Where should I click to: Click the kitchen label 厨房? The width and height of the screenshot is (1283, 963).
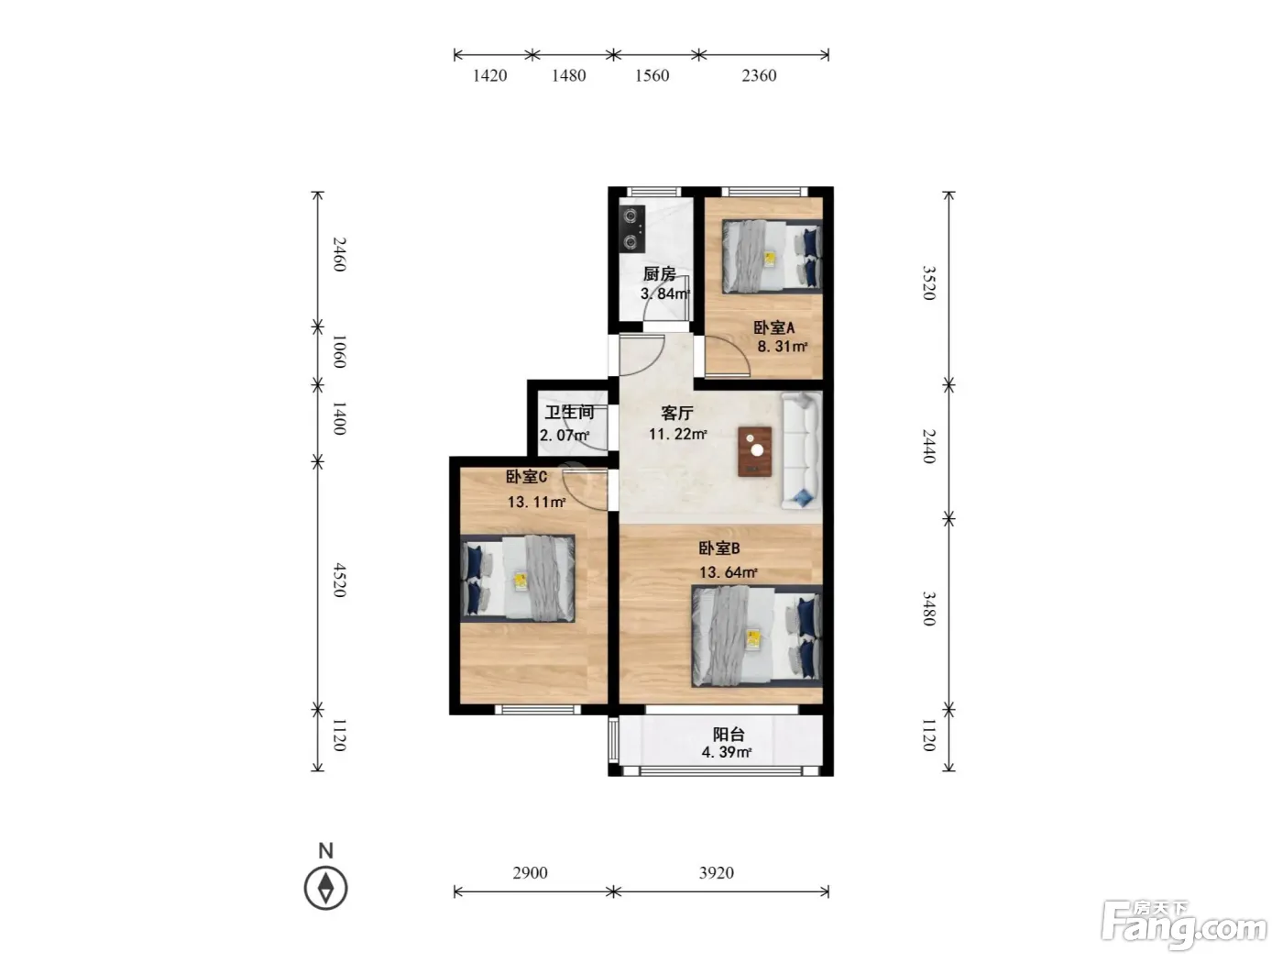[x=659, y=273]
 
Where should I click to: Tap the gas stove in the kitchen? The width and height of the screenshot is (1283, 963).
[x=631, y=228]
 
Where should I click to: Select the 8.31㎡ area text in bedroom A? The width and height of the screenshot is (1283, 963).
[x=782, y=346]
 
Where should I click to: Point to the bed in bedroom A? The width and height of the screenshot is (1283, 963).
[x=772, y=256]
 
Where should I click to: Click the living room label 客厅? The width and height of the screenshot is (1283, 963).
[x=677, y=414]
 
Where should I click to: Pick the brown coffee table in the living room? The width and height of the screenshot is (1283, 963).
[x=754, y=451]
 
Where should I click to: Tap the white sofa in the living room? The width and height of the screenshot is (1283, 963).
[x=802, y=449]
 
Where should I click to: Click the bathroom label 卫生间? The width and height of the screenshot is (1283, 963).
[x=569, y=412]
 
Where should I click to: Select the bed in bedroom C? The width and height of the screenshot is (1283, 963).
[x=517, y=579]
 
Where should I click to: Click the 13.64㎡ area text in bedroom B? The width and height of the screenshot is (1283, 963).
[x=729, y=572]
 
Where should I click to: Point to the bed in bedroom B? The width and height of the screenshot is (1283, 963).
[x=757, y=636]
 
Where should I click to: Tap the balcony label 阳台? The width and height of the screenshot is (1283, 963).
[x=729, y=734]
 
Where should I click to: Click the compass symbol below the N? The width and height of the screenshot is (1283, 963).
[x=325, y=888]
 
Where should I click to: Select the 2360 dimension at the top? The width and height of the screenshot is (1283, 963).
[x=759, y=75]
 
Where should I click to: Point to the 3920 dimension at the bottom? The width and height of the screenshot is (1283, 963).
[x=716, y=873]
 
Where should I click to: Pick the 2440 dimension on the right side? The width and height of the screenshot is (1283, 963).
[x=928, y=446]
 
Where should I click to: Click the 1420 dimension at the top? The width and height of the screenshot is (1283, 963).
[x=489, y=75]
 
